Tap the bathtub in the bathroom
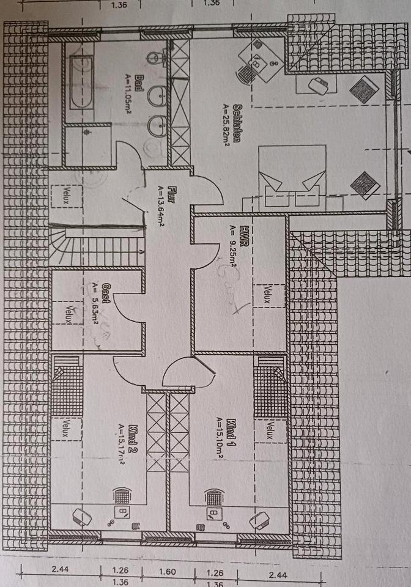click(x=81, y=82)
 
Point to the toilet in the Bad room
click(x=155, y=59)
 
